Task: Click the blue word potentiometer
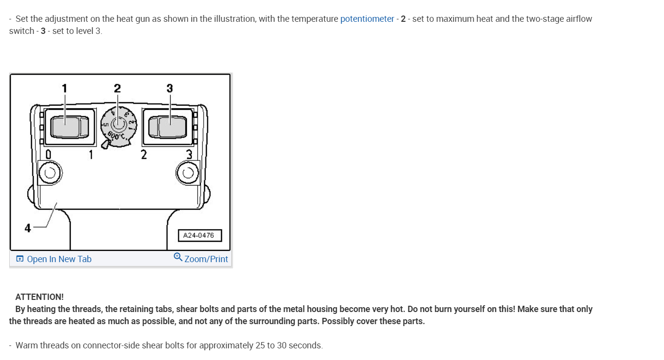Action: [x=367, y=19]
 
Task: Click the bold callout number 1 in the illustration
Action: [x=64, y=88]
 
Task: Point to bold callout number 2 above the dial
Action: [x=117, y=88]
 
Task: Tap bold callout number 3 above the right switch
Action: [x=170, y=88]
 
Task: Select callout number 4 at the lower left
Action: [x=28, y=228]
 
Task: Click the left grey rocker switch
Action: [x=68, y=126]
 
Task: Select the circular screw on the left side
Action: [x=50, y=172]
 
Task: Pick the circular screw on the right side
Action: [x=188, y=172]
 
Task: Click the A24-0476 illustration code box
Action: [x=200, y=235]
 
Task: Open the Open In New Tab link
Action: [x=59, y=259]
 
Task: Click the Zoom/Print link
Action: [x=206, y=259]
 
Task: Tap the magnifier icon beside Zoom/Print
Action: [x=178, y=257]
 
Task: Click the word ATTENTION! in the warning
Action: [x=39, y=297]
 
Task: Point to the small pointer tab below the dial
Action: [x=105, y=144]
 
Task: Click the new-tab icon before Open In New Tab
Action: [x=20, y=259]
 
